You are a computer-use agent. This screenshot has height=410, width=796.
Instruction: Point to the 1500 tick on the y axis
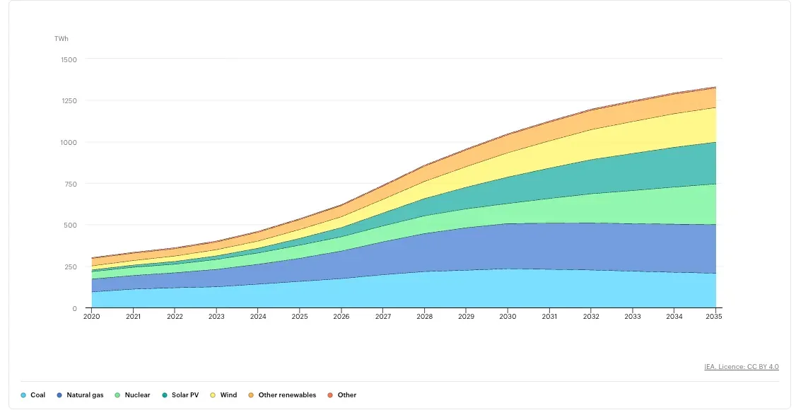tap(69, 59)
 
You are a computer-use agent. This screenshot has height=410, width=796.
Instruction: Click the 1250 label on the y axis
tap(69, 101)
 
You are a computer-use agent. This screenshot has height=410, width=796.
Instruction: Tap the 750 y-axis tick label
tap(70, 184)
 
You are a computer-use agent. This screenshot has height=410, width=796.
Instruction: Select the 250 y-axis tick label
tap(70, 267)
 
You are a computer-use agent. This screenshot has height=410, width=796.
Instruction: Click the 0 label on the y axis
tap(74, 309)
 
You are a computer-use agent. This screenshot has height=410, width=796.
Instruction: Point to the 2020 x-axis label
tap(91, 317)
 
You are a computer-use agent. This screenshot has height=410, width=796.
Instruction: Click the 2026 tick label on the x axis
tap(341, 317)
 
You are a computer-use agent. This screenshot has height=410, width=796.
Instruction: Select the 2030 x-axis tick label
tap(508, 317)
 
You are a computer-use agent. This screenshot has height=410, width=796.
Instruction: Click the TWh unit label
tap(62, 38)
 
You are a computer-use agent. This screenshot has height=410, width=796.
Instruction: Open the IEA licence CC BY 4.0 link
tap(741, 367)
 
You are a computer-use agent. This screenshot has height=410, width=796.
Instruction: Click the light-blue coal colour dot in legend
tap(23, 395)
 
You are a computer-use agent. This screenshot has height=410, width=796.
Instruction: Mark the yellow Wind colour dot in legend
tap(213, 395)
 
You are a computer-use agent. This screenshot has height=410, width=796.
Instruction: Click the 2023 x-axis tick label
tap(216, 317)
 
